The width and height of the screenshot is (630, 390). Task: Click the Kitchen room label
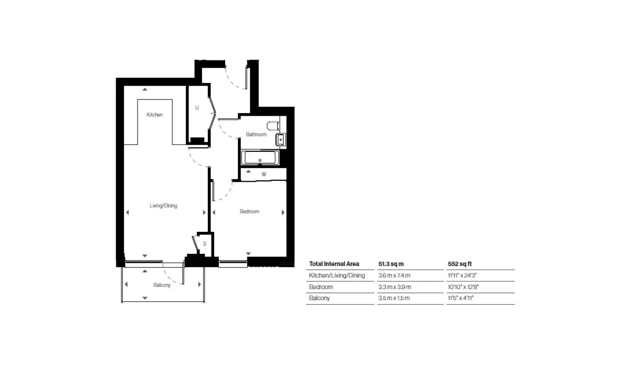[154, 115]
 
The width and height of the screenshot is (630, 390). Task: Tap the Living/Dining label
[163, 206]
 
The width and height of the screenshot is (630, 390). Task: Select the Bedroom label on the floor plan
[249, 211]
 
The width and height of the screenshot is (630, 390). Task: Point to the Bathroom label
[256, 135]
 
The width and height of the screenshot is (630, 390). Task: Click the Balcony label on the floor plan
[162, 285]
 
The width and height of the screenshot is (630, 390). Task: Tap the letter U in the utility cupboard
[197, 108]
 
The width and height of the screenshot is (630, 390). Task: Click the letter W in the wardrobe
[264, 175]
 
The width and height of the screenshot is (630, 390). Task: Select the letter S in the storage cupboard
[204, 244]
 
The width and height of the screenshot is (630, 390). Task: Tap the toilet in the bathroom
[273, 126]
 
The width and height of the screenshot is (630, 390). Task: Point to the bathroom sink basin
[281, 139]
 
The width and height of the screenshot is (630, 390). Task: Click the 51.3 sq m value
[391, 264]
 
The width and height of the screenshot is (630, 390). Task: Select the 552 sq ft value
[459, 264]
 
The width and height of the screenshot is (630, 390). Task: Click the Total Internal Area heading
[334, 264]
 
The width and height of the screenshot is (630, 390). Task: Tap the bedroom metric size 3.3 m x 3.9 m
[395, 287]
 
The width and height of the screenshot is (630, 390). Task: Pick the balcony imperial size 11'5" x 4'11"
[461, 298]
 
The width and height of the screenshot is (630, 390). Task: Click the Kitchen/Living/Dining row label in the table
[337, 275]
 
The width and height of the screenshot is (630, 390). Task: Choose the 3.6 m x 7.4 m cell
[394, 275]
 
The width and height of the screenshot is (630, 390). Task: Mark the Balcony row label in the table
[319, 298]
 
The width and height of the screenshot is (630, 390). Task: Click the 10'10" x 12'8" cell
[463, 287]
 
